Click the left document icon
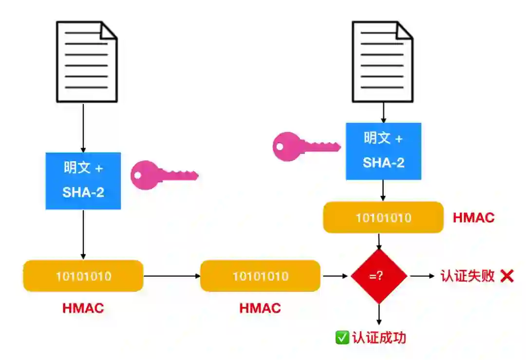(87, 61)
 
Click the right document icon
(383, 61)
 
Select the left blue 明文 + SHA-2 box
(83, 181)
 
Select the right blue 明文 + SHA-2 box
(383, 151)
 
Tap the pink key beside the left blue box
(163, 175)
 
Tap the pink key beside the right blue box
(305, 146)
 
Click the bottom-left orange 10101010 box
(83, 276)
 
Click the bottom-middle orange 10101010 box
(260, 276)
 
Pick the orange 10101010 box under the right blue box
(383, 217)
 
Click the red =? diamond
(379, 276)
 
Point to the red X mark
(507, 276)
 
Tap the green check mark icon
(342, 338)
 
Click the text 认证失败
(468, 276)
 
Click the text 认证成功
(379, 338)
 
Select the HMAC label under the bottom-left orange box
(83, 308)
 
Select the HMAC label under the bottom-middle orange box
(260, 308)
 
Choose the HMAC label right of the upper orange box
(473, 217)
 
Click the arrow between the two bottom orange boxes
(172, 276)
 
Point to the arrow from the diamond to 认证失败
(422, 276)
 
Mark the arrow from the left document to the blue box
(83, 128)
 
